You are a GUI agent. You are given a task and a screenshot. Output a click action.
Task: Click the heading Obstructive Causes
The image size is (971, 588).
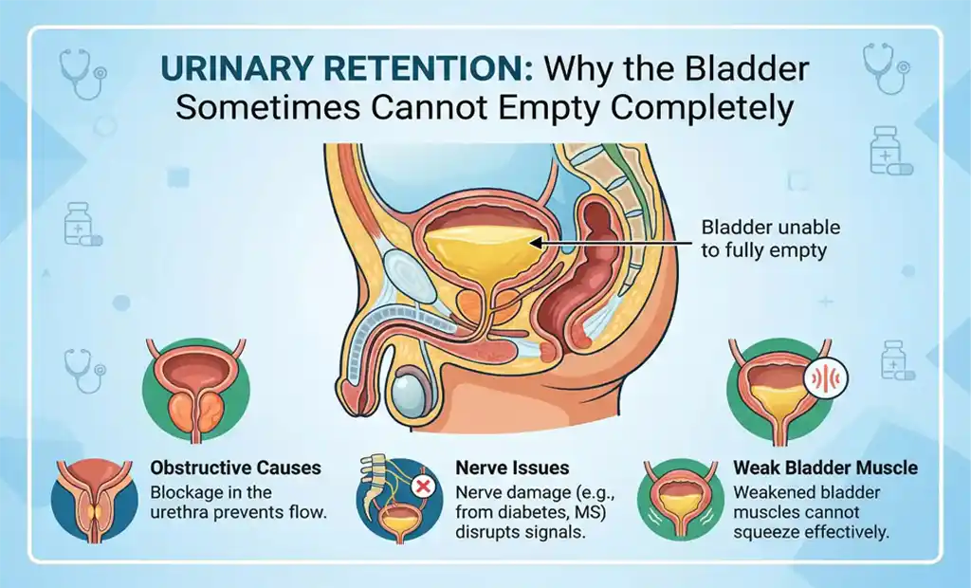pos(236,468)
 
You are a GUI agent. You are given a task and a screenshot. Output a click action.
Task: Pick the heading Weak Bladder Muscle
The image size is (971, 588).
pos(825,468)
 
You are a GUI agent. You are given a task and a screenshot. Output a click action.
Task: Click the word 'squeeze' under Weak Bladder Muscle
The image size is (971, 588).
pos(762,532)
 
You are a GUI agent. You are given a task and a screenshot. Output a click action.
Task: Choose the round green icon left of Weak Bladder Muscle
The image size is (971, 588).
pos(680,500)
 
